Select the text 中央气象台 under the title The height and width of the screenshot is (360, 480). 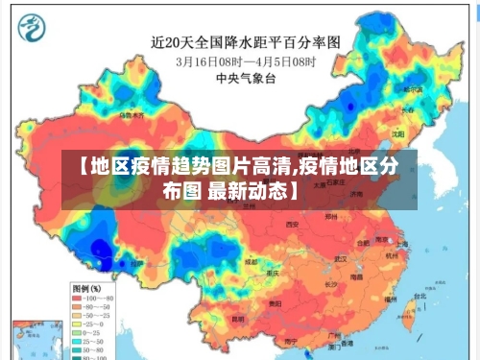coord(240,78)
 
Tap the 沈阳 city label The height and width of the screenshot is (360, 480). coord(397,134)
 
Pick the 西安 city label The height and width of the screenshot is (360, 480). coord(293,222)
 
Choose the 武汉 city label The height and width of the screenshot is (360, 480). coord(338,258)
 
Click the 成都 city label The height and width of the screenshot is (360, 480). coord(251,260)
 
